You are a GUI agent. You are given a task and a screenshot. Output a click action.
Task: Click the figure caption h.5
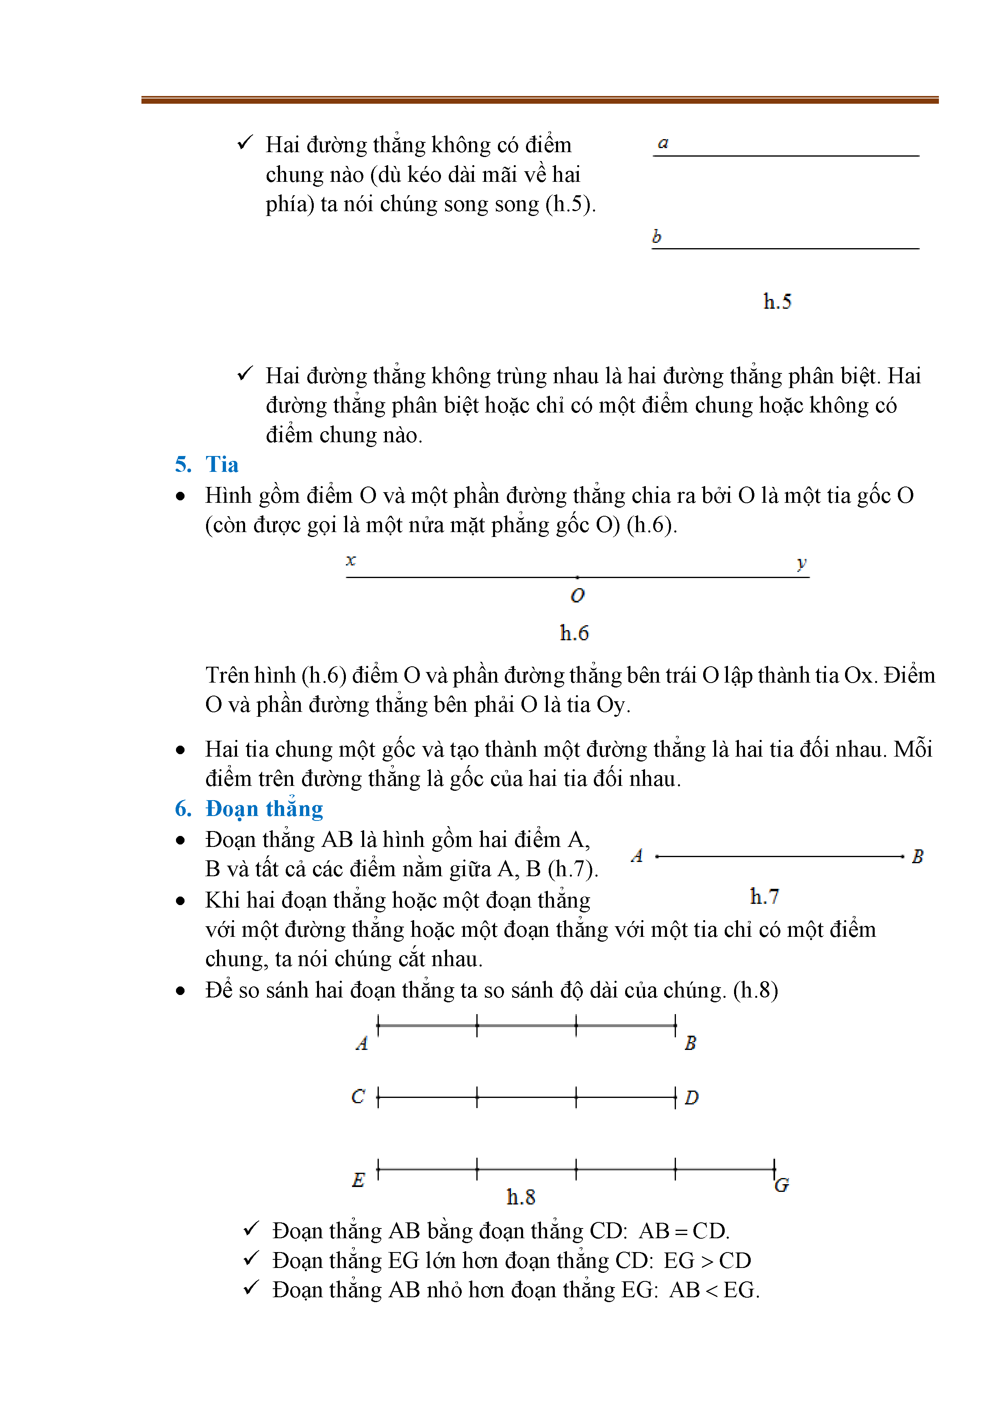777,302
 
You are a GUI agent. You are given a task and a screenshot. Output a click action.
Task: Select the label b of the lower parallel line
656,237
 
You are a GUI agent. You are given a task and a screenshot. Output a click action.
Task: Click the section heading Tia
222,465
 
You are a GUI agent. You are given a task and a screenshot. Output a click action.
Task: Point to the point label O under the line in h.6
578,596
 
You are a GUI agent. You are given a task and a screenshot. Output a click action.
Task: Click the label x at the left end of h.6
351,561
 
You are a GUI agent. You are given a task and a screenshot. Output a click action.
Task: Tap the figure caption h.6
574,633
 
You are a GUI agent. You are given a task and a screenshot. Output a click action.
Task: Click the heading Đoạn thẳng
264,809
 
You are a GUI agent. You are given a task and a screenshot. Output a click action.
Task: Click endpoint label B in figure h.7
917,857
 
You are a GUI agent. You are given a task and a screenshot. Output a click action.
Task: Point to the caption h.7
764,897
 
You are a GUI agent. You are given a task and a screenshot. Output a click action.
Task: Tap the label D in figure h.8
691,1098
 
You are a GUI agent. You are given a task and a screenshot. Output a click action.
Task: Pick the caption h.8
520,1197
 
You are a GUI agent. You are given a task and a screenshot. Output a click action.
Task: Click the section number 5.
182,465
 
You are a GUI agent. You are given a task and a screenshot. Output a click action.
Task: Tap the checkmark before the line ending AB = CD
251,1229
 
